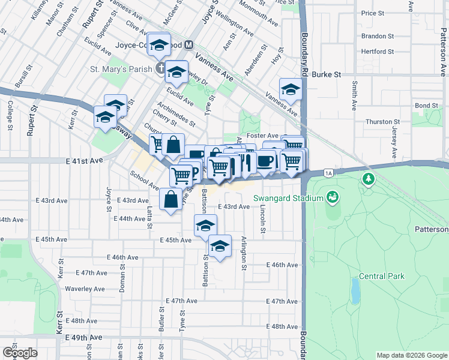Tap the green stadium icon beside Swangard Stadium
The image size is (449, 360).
click(x=331, y=197)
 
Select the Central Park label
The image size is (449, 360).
click(x=381, y=277)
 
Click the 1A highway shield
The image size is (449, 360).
click(x=328, y=173)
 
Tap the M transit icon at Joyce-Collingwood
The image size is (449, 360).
click(x=188, y=45)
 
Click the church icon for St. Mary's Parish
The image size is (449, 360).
click(x=160, y=68)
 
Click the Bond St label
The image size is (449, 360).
click(x=426, y=106)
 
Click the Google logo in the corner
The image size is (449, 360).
click(x=20, y=353)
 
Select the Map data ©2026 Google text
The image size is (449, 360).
click(x=411, y=355)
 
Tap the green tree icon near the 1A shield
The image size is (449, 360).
click(x=368, y=179)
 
